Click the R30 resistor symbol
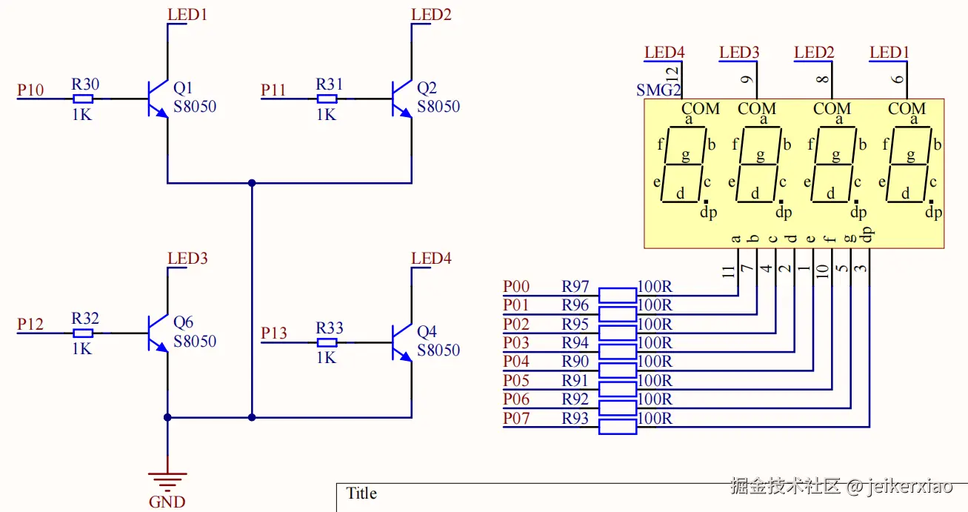[x=83, y=99]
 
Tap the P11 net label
[x=273, y=90]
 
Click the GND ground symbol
[x=167, y=481]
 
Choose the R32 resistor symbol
[x=83, y=333]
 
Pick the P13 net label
[x=273, y=333]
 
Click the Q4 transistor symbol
[x=402, y=343]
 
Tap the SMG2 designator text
[x=658, y=91]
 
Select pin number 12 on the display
[x=672, y=73]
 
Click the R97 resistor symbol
[x=617, y=296]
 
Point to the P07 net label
[x=516, y=419]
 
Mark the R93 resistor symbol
[x=617, y=427]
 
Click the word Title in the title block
[x=361, y=493]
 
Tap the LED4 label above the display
[x=664, y=53]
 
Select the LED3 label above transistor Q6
[x=187, y=259]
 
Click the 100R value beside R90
[x=655, y=362]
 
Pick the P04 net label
[x=516, y=362]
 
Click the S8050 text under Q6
[x=195, y=342]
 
